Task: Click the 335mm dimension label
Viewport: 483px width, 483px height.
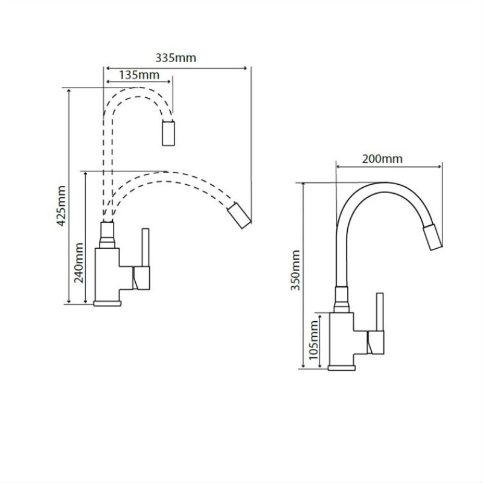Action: click(176, 58)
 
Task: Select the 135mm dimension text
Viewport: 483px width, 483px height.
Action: click(139, 75)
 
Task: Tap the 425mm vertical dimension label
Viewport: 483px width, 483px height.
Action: click(62, 206)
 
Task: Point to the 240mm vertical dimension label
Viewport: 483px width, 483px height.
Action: click(79, 263)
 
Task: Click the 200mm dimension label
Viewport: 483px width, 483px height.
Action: click(382, 159)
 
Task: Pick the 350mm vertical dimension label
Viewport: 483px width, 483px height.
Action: click(296, 270)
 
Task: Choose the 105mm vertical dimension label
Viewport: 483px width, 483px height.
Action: click(313, 340)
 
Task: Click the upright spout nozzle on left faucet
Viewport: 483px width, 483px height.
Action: click(168, 133)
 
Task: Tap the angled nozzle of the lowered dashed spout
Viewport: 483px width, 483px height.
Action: click(239, 216)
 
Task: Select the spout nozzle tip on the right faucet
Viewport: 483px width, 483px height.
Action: click(432, 237)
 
